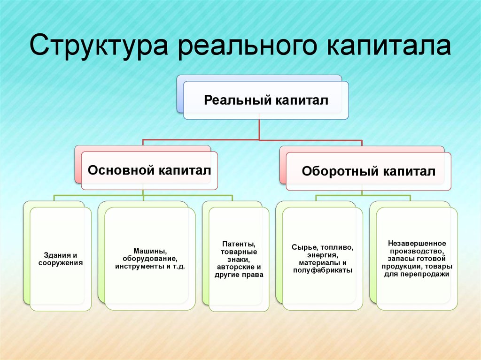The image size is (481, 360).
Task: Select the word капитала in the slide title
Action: coord(388,46)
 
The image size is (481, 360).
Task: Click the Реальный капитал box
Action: coord(266,100)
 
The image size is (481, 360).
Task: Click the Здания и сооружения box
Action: coord(61,259)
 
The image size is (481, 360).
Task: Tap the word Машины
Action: coord(150,251)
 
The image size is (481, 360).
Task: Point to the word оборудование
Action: coord(150,259)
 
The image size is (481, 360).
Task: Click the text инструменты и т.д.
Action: coord(150,266)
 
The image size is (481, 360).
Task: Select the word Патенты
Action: coord(239,244)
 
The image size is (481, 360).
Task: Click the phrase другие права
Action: coord(239,275)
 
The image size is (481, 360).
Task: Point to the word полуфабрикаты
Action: coord(322,270)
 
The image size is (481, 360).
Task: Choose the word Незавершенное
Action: coord(417,244)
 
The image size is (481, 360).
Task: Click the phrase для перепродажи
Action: coord(417,274)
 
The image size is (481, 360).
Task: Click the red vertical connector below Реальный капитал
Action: coord(259,130)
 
